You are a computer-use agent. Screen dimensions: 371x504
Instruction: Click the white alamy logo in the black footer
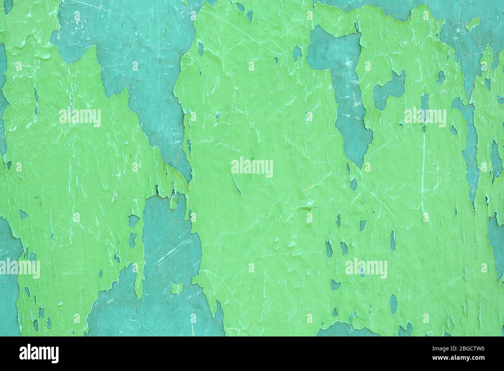40,354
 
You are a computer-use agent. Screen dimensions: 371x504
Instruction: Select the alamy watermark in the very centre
252,168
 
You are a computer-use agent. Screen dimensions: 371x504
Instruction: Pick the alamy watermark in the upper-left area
80,117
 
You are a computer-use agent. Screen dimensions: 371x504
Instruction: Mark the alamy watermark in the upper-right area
425,117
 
